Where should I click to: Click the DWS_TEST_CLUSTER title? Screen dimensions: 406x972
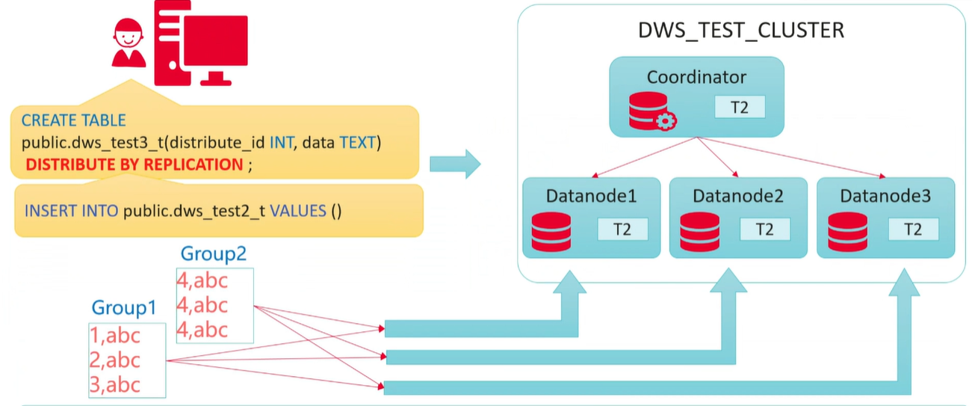[x=740, y=31]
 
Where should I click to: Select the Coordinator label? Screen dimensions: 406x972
[x=696, y=77]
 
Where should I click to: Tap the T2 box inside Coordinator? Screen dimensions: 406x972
[x=740, y=107]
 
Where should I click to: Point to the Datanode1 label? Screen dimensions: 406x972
[x=591, y=197]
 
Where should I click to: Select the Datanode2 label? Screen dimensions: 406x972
[x=737, y=197]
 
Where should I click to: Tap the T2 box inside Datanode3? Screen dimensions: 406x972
[x=913, y=230]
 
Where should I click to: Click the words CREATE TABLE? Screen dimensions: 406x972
[x=73, y=120]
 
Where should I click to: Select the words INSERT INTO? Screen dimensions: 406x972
[x=71, y=210]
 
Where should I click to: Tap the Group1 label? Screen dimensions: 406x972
[x=125, y=307]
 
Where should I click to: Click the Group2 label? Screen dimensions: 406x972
[x=214, y=254]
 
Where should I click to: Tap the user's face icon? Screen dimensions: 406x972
[x=129, y=34]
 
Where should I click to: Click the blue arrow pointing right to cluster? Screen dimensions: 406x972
[x=455, y=164]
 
